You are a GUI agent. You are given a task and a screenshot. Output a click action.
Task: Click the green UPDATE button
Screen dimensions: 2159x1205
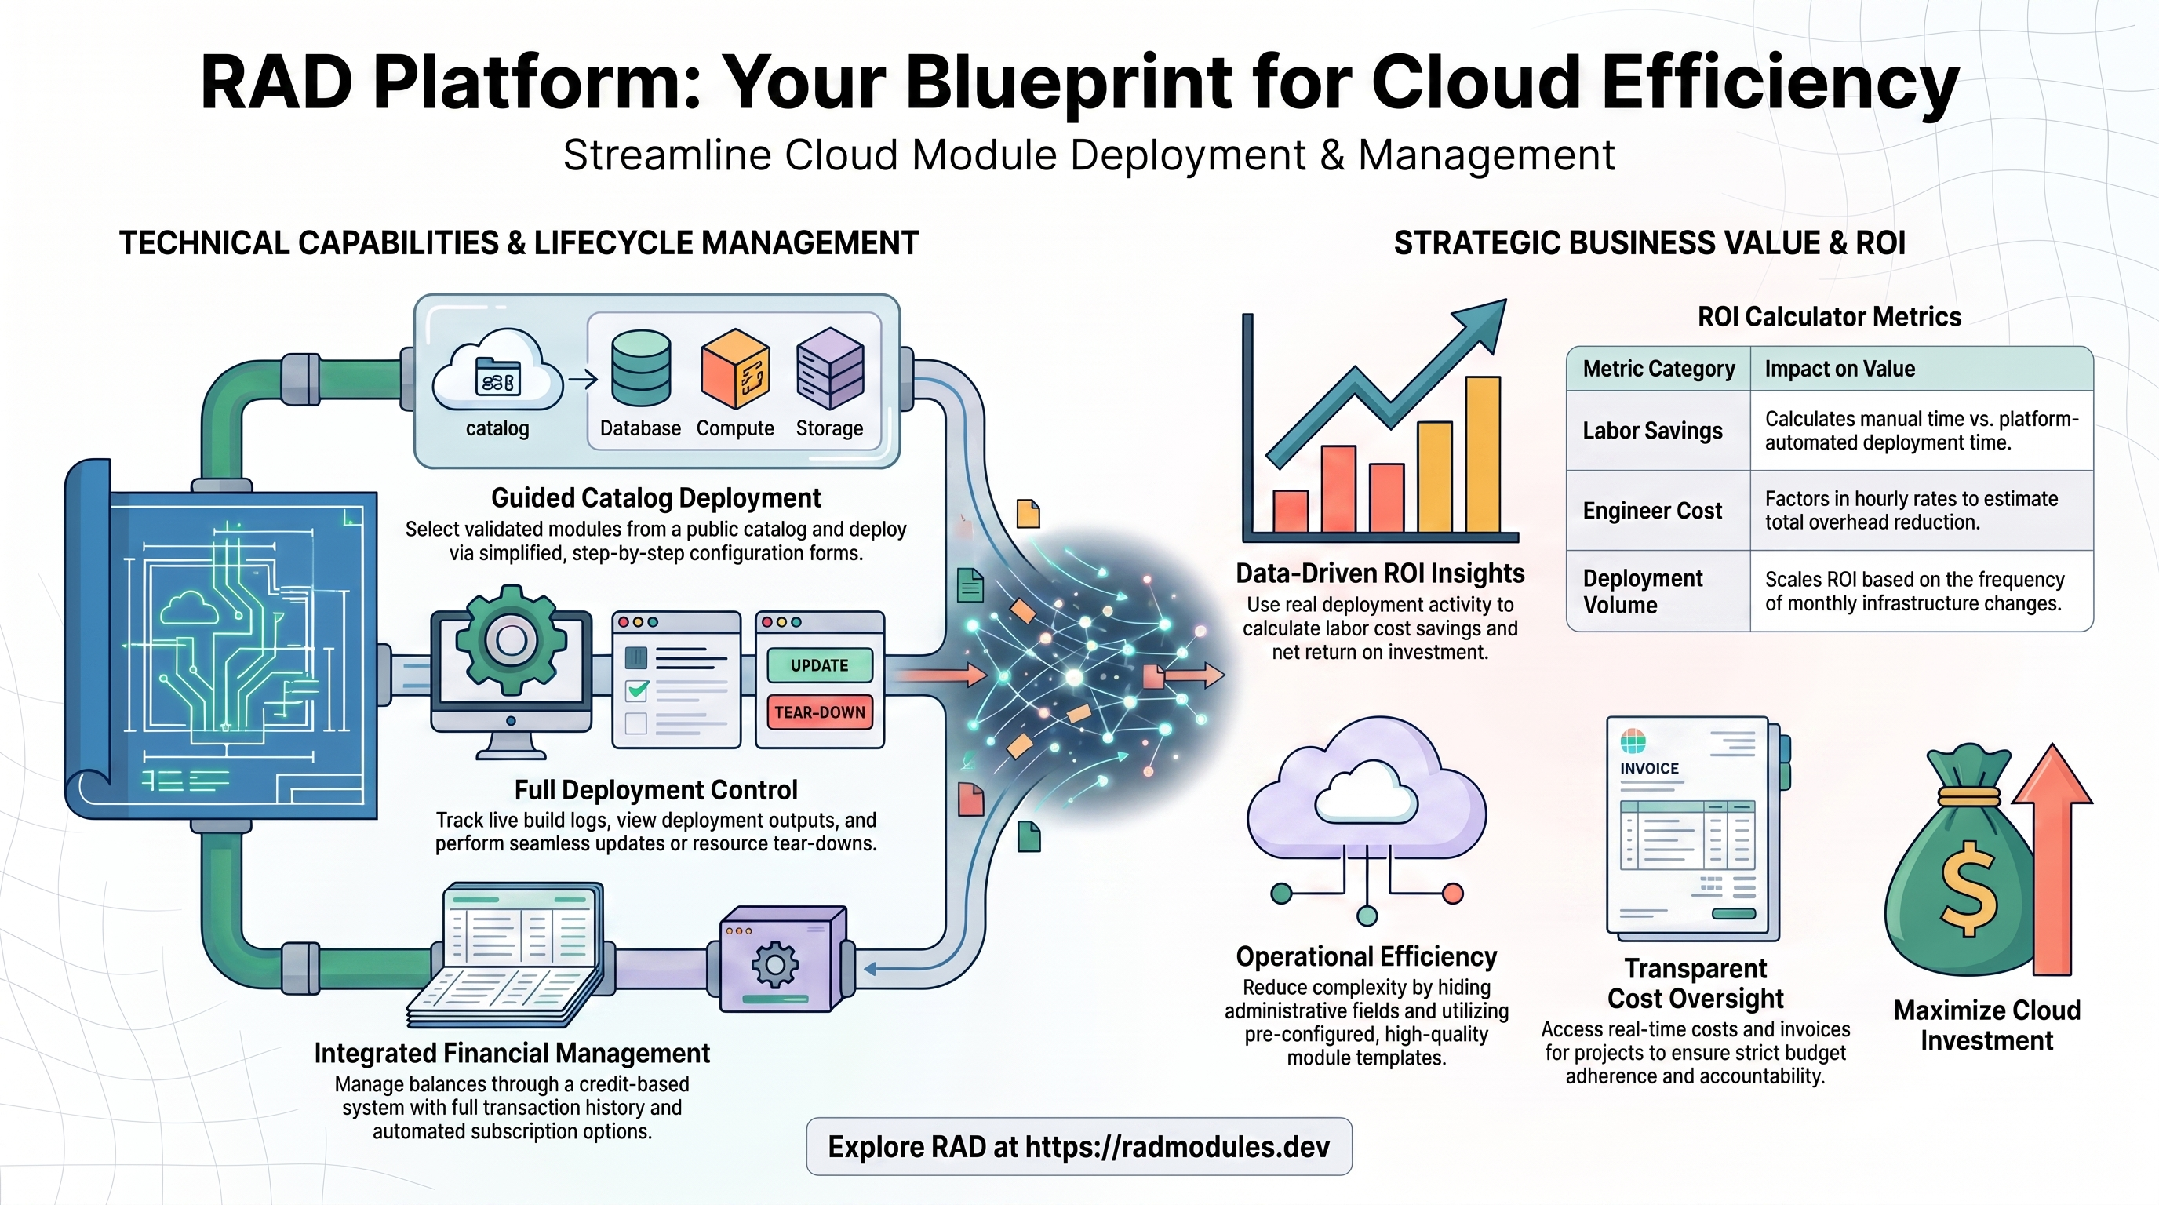pos(819,665)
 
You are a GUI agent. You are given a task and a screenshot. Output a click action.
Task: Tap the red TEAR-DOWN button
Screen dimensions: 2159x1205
pos(819,712)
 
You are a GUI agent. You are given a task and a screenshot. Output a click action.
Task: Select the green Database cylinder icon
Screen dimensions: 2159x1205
pos(641,368)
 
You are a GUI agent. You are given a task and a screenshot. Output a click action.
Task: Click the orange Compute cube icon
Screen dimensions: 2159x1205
pos(735,369)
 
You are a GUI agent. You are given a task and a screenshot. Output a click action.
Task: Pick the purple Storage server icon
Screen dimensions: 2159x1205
pos(830,369)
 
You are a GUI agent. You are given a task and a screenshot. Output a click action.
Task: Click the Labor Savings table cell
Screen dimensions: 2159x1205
pos(1652,431)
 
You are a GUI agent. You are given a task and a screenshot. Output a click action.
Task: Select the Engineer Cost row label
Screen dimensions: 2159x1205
pos(1652,511)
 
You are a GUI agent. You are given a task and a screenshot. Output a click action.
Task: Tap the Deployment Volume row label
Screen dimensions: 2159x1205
pos(1643,592)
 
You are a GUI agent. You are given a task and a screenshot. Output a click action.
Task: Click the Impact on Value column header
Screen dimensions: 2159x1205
pos(1840,369)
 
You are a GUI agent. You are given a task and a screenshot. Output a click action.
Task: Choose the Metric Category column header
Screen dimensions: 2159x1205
pos(1658,369)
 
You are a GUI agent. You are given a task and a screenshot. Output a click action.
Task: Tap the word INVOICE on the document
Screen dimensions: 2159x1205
pos(1649,768)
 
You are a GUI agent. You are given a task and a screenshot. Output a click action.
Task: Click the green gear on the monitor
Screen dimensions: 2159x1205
pos(512,641)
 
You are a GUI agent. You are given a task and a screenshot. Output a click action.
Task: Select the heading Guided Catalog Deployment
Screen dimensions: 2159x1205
pos(656,497)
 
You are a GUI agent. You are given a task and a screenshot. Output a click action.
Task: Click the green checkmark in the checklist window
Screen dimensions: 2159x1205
pos(638,690)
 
